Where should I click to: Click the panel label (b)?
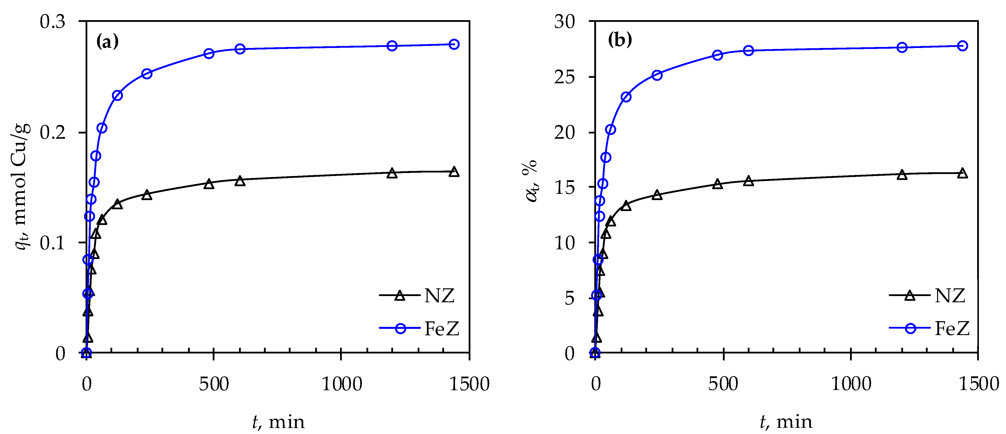620,40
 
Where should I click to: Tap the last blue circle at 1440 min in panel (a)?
454,44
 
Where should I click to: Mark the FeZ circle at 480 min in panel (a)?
209,53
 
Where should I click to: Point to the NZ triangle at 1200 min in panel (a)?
392,173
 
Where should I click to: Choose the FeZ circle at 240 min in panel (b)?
657,75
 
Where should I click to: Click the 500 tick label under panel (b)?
723,384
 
